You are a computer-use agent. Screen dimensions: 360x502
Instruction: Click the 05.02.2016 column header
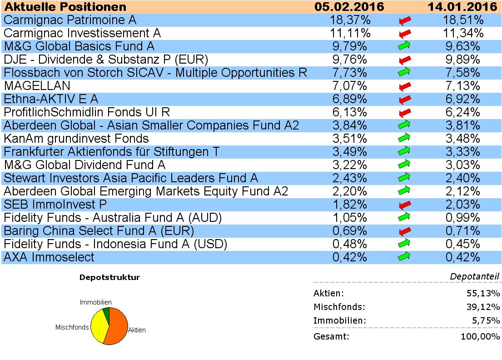349,7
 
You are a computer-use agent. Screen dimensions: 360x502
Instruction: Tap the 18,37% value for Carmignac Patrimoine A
349,20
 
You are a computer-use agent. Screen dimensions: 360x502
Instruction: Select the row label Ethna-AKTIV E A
51,99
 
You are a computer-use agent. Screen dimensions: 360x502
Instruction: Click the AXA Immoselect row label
49,257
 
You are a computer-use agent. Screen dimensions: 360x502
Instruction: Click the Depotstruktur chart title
109,277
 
